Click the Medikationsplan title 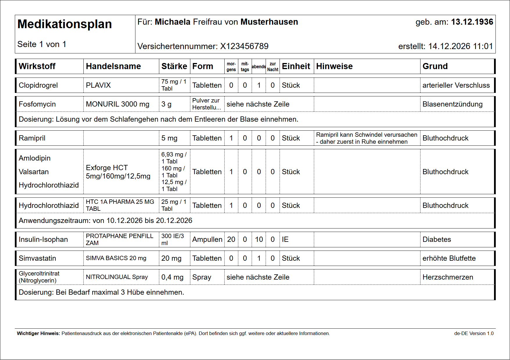pyautogui.click(x=65, y=24)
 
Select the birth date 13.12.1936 pyautogui.click(x=472, y=22)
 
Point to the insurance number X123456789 pyautogui.click(x=244, y=46)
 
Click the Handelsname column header pyautogui.click(x=113, y=66)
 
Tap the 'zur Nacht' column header pyautogui.click(x=273, y=67)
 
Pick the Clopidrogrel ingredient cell pyautogui.click(x=38, y=85)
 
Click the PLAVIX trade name pyautogui.click(x=98, y=85)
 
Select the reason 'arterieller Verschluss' pyautogui.click(x=456, y=85)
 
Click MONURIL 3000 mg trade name pyautogui.click(x=117, y=104)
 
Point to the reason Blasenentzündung pyautogui.click(x=452, y=104)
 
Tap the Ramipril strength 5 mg pyautogui.click(x=169, y=138)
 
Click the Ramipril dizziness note pyautogui.click(x=366, y=138)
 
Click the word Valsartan pyautogui.click(x=34, y=172)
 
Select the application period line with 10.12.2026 pyautogui.click(x=105, y=221)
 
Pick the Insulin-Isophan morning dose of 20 pyautogui.click(x=231, y=240)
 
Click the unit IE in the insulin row pyautogui.click(x=285, y=240)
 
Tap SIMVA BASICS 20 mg pyautogui.click(x=116, y=258)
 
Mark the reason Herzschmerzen pyautogui.click(x=448, y=277)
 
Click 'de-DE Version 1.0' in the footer pyautogui.click(x=474, y=334)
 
